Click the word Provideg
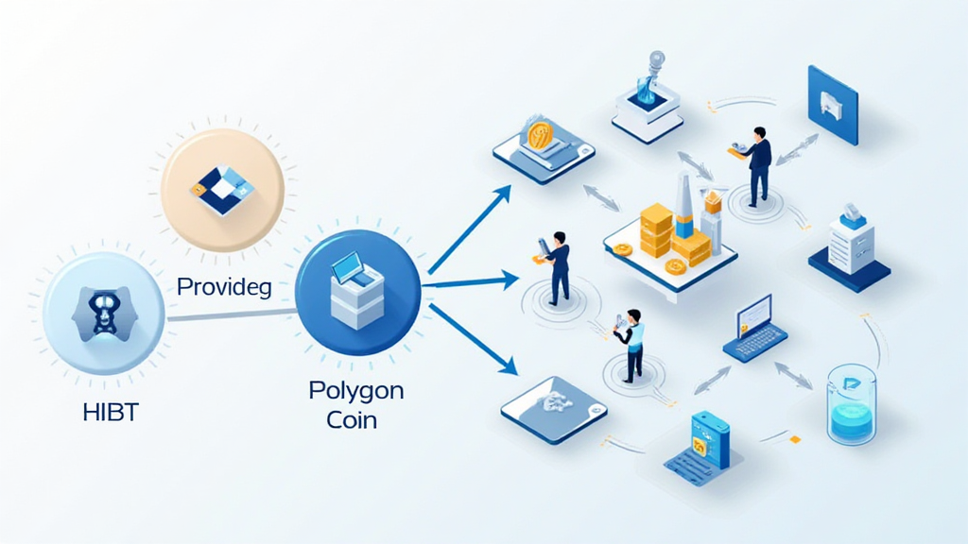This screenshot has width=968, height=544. [x=224, y=287]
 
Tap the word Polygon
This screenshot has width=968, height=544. [x=355, y=390]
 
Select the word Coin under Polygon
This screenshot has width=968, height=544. [x=352, y=419]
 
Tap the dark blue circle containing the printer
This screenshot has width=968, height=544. [x=358, y=292]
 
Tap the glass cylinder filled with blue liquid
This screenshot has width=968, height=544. [x=851, y=405]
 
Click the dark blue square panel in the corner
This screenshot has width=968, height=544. [x=832, y=104]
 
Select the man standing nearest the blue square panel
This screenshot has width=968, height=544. [x=757, y=165]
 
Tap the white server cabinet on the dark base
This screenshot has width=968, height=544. [x=849, y=243]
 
